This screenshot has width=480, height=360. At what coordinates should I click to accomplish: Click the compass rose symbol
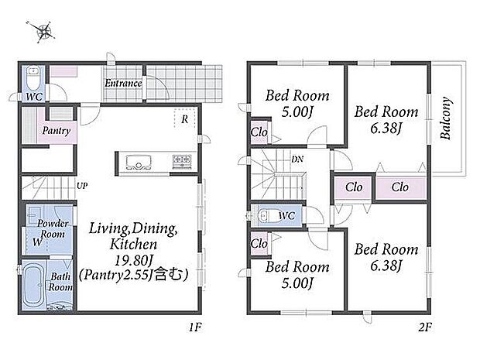point(43,31)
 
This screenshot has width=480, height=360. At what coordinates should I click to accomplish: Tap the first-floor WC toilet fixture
point(33,77)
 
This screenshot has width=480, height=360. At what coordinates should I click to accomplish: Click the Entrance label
point(123,83)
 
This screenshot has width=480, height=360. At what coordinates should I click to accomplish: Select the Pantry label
point(57,131)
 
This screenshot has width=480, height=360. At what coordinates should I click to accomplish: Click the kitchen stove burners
point(182,161)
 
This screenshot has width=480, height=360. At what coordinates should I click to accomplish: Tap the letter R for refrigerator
point(184,119)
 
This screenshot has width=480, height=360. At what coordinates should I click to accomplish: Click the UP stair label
point(82,186)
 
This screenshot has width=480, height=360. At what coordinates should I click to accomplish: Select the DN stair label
point(297,159)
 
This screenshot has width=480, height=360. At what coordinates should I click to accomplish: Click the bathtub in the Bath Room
point(33,286)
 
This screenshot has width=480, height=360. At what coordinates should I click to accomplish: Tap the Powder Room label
point(53,228)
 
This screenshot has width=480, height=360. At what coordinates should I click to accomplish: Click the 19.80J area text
point(134,260)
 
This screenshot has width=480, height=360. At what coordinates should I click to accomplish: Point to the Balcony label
point(446,118)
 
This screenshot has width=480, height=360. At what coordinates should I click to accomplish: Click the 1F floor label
point(195,327)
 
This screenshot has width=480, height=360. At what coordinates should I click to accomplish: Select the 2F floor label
point(425,327)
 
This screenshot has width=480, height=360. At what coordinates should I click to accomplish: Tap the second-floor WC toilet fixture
point(265,215)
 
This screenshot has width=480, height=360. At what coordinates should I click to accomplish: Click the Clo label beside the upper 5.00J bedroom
point(259,132)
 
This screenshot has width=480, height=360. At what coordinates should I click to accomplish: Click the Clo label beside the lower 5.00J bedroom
point(259,244)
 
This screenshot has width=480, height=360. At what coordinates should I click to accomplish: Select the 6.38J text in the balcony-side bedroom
point(386,129)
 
